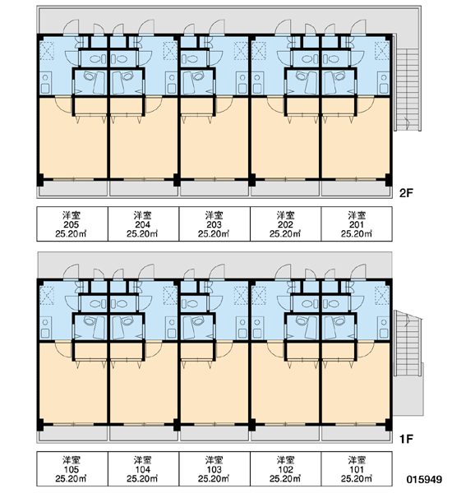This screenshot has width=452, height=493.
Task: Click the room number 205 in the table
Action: [x=71, y=225]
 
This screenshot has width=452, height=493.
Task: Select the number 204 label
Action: [x=142, y=225]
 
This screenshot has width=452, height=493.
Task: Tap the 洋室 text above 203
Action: [x=214, y=215]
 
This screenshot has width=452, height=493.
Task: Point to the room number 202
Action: [x=285, y=225]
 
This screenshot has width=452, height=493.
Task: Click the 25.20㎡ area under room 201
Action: [x=357, y=234]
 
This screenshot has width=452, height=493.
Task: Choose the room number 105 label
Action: [x=71, y=469]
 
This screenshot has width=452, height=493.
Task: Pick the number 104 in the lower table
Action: [x=142, y=469]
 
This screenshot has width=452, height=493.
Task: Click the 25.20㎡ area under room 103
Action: [x=214, y=478]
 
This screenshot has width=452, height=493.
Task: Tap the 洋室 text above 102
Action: [x=285, y=461]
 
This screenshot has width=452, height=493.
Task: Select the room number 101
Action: [x=357, y=469]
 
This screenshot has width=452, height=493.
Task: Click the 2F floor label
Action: [x=406, y=193]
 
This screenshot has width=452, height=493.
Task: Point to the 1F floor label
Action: [x=406, y=439]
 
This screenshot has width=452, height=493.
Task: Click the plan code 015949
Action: [x=424, y=479]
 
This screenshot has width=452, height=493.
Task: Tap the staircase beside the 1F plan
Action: [x=408, y=343]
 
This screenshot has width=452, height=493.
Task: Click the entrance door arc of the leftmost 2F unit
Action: [x=71, y=26]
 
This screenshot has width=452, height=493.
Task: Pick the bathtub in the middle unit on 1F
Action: [x=189, y=328]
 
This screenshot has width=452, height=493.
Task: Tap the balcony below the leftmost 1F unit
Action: [x=72, y=434]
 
